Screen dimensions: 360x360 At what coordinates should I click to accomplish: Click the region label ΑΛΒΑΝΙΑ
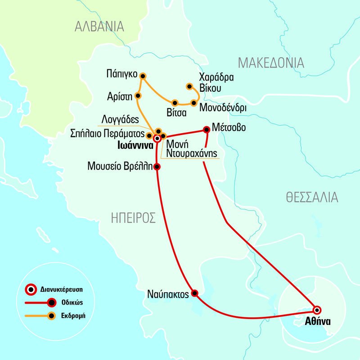(x=99, y=27)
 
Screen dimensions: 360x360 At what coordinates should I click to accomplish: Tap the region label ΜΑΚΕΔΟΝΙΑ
(x=271, y=63)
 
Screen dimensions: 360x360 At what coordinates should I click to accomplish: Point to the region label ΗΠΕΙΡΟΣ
(x=133, y=218)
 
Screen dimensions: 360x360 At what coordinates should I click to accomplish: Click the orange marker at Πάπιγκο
(x=143, y=76)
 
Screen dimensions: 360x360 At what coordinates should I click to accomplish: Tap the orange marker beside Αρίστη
(x=138, y=96)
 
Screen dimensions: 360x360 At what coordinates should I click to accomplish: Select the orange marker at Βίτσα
(x=175, y=103)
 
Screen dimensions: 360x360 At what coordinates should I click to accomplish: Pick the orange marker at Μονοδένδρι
(x=193, y=103)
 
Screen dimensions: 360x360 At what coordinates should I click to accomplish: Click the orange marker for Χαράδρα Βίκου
(x=189, y=86)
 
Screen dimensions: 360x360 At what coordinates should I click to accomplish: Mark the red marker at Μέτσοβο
(x=207, y=129)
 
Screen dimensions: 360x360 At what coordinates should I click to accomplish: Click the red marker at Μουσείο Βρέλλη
(x=157, y=167)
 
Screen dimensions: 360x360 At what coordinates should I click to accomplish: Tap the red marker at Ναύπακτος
(x=194, y=293)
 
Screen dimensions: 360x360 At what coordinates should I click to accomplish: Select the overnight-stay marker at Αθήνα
(x=317, y=310)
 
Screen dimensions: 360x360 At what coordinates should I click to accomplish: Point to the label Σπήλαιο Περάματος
(x=108, y=134)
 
